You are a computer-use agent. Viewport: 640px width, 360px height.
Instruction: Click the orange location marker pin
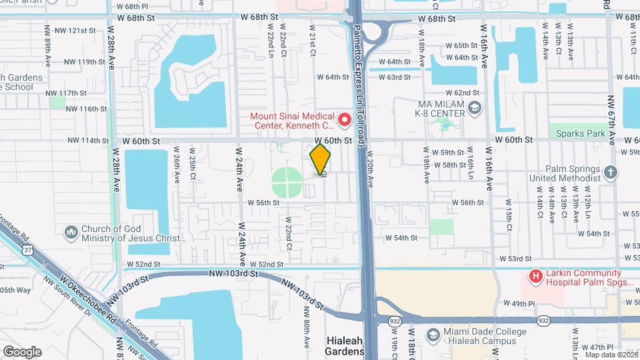[320, 159]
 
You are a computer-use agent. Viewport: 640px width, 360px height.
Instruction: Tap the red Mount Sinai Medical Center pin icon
[345, 120]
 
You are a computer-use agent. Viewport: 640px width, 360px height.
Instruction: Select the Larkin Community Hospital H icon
[534, 275]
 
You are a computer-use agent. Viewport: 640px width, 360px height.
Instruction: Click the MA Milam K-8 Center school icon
[474, 108]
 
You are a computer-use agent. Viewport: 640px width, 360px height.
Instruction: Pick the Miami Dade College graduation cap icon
[433, 334]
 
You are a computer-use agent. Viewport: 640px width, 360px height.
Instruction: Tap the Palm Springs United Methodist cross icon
[610, 173]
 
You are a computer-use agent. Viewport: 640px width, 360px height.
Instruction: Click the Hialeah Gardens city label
[345, 345]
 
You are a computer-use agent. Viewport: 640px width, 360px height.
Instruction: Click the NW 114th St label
[88, 141]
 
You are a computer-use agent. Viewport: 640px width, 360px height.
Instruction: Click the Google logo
[21, 351]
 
